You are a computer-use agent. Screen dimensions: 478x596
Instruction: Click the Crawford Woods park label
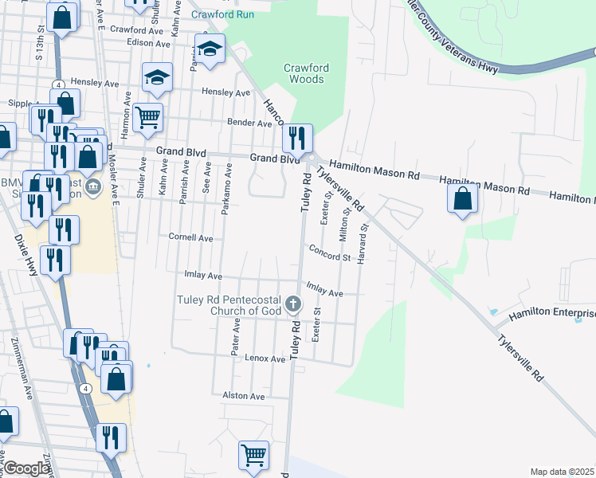pyautogui.click(x=304, y=73)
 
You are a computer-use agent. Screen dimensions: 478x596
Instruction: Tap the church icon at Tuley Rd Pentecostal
pyautogui.click(x=294, y=304)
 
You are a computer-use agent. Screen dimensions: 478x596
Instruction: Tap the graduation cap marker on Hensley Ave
pyautogui.click(x=157, y=77)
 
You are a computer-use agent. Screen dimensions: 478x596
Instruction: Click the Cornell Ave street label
pyautogui.click(x=190, y=237)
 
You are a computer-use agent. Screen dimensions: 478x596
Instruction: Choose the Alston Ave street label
pyautogui.click(x=243, y=396)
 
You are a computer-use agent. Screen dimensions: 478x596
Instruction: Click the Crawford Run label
pyautogui.click(x=224, y=14)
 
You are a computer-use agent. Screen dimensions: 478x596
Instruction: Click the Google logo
pyautogui.click(x=26, y=468)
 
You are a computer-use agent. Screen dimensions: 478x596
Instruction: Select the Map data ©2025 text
pyautogui.click(x=562, y=472)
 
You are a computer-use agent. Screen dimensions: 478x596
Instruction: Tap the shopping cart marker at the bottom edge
pyautogui.click(x=253, y=455)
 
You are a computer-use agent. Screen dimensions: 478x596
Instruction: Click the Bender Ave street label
pyautogui.click(x=249, y=123)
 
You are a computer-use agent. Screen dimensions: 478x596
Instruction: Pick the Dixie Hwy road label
pyautogui.click(x=26, y=255)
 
